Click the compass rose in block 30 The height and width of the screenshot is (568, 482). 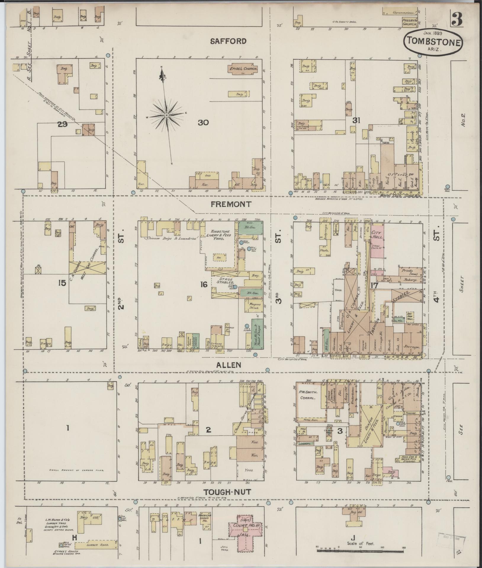(x=167, y=115)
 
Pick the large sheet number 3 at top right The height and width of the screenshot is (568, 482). (x=457, y=19)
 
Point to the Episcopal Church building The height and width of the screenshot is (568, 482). (x=242, y=69)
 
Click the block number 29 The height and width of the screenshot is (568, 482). (x=62, y=125)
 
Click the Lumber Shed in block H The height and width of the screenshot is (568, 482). (x=97, y=545)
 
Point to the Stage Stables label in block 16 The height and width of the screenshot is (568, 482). (x=226, y=281)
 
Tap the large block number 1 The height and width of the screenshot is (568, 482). (x=68, y=427)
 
